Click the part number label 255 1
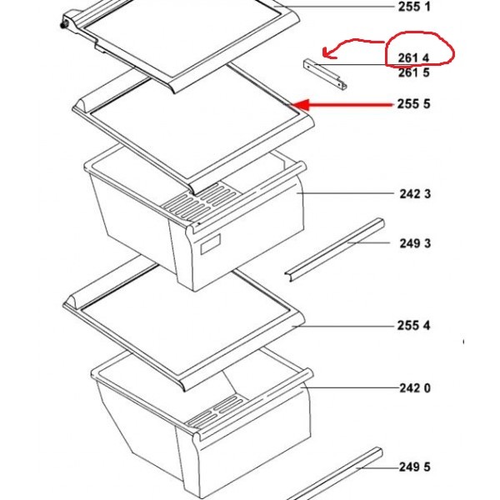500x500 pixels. (x=414, y=7)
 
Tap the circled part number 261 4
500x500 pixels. (x=413, y=57)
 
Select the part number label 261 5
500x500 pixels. (x=414, y=72)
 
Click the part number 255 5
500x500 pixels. (x=413, y=104)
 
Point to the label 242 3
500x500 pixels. (x=415, y=193)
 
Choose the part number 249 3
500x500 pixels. (x=415, y=243)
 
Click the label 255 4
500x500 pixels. (x=413, y=326)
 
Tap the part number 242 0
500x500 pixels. (x=415, y=388)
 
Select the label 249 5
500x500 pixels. (x=415, y=467)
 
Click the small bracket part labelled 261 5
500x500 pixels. (x=325, y=74)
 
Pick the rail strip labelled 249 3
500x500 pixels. (x=335, y=250)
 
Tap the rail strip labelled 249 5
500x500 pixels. (x=335, y=473)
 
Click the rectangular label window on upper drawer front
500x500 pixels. (x=210, y=244)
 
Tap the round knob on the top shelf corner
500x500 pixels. (x=63, y=24)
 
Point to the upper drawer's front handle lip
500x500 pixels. (x=248, y=197)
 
